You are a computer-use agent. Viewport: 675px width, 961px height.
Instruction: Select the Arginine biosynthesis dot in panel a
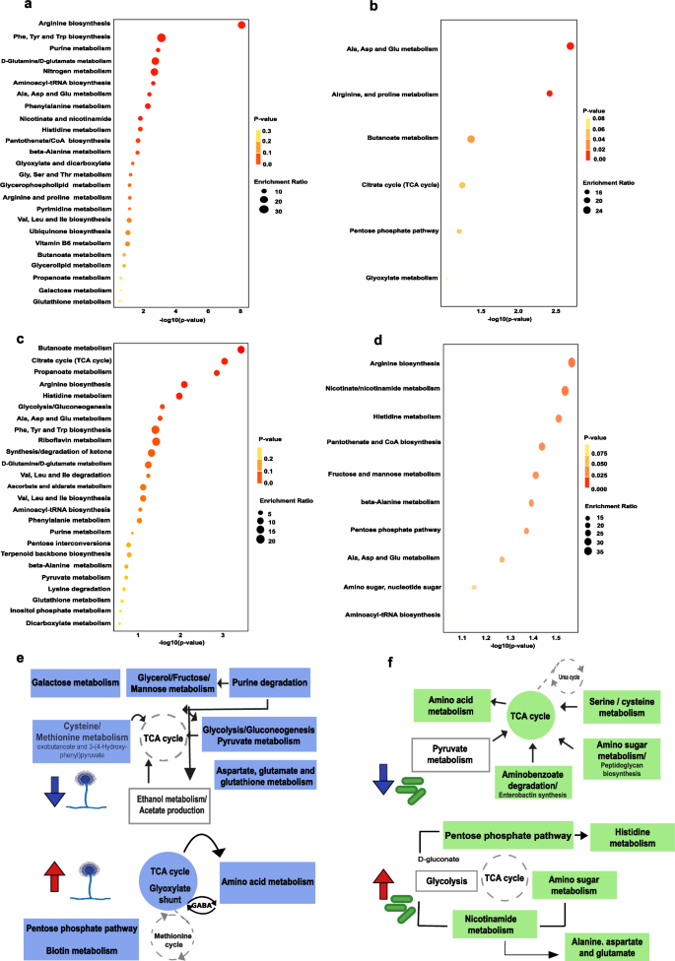(x=241, y=25)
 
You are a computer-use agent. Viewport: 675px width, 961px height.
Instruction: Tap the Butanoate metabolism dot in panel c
(x=241, y=349)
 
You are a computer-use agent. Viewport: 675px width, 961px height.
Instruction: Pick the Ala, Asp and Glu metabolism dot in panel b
(x=571, y=46)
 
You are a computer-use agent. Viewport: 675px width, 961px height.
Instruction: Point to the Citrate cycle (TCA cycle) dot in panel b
(x=461, y=185)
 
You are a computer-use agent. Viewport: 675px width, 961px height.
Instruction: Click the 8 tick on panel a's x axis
(x=241, y=313)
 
